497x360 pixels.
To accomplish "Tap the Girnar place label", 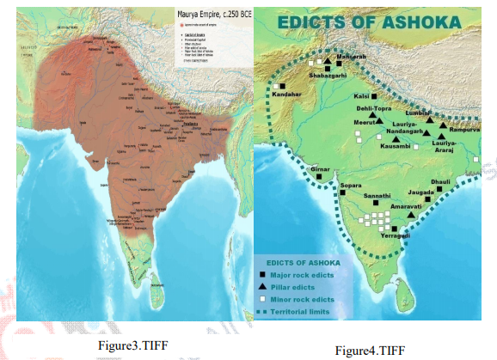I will [320, 170].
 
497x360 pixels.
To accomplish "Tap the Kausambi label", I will [395, 146].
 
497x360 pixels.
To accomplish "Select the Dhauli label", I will [440, 182].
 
